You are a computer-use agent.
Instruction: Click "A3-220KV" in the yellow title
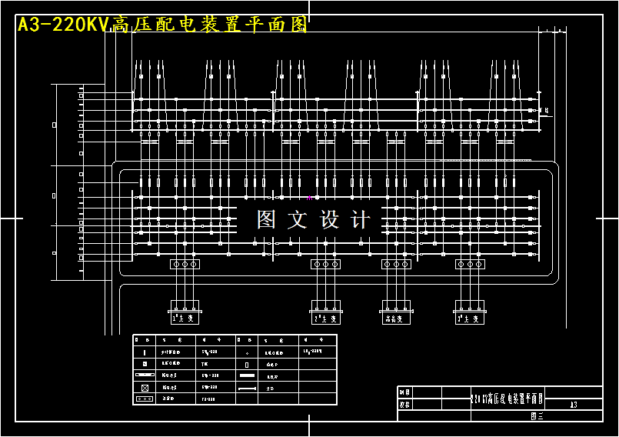tap(64, 25)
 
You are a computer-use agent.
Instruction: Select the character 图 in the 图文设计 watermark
tap(266, 220)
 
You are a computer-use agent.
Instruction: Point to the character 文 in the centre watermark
tap(298, 220)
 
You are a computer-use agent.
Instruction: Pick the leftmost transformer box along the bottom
tap(185, 316)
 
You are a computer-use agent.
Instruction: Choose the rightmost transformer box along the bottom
tap(469, 316)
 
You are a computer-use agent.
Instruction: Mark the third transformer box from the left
tap(397, 316)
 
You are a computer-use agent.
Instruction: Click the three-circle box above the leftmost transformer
tap(185, 264)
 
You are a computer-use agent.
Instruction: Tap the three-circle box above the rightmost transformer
tap(469, 264)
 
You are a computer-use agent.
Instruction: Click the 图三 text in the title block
tap(537, 415)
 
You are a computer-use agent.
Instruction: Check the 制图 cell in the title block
tap(405, 392)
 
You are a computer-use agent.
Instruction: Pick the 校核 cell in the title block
tap(405, 403)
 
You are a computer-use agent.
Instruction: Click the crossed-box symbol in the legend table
tap(145, 387)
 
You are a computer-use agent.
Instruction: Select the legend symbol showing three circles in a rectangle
tap(145, 399)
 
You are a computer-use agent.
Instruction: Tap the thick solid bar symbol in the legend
tap(247, 375)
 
